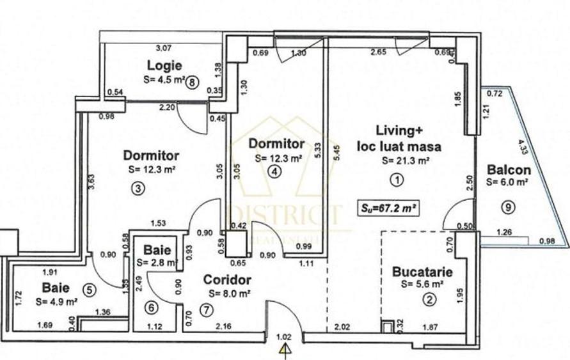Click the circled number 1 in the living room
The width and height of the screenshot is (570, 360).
pos(397,180)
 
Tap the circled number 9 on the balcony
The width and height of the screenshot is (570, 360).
pos(507,206)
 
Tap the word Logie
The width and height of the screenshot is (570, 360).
pos(164,65)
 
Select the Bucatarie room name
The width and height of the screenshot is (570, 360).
pos(423,272)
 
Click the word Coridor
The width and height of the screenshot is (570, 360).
pos(228,279)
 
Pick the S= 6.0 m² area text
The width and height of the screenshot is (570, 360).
pos(507,182)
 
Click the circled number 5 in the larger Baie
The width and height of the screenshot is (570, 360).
pos(90,290)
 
